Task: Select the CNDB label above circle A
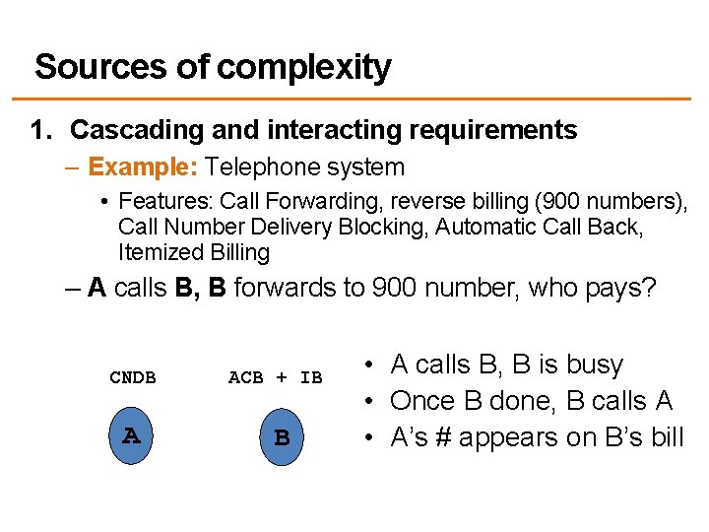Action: click(132, 377)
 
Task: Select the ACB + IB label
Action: click(275, 377)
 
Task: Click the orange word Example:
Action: click(143, 167)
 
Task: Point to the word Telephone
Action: click(257, 167)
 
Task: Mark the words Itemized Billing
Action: click(193, 252)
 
